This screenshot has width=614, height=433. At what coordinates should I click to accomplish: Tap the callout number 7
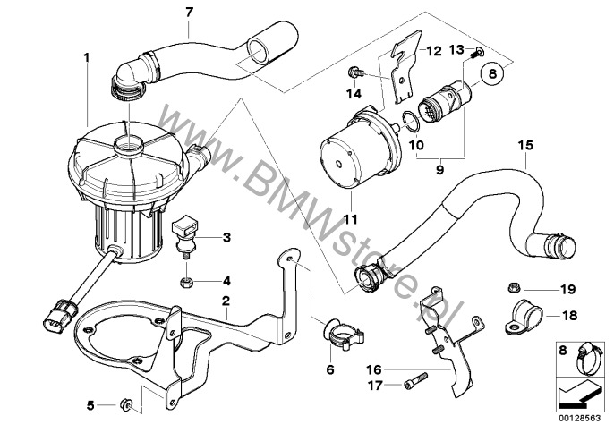[188, 12]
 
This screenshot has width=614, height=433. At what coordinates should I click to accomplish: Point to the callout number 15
[525, 144]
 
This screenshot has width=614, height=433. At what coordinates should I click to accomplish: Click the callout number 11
[350, 218]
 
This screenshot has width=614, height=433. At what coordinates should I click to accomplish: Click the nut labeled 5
[128, 407]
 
